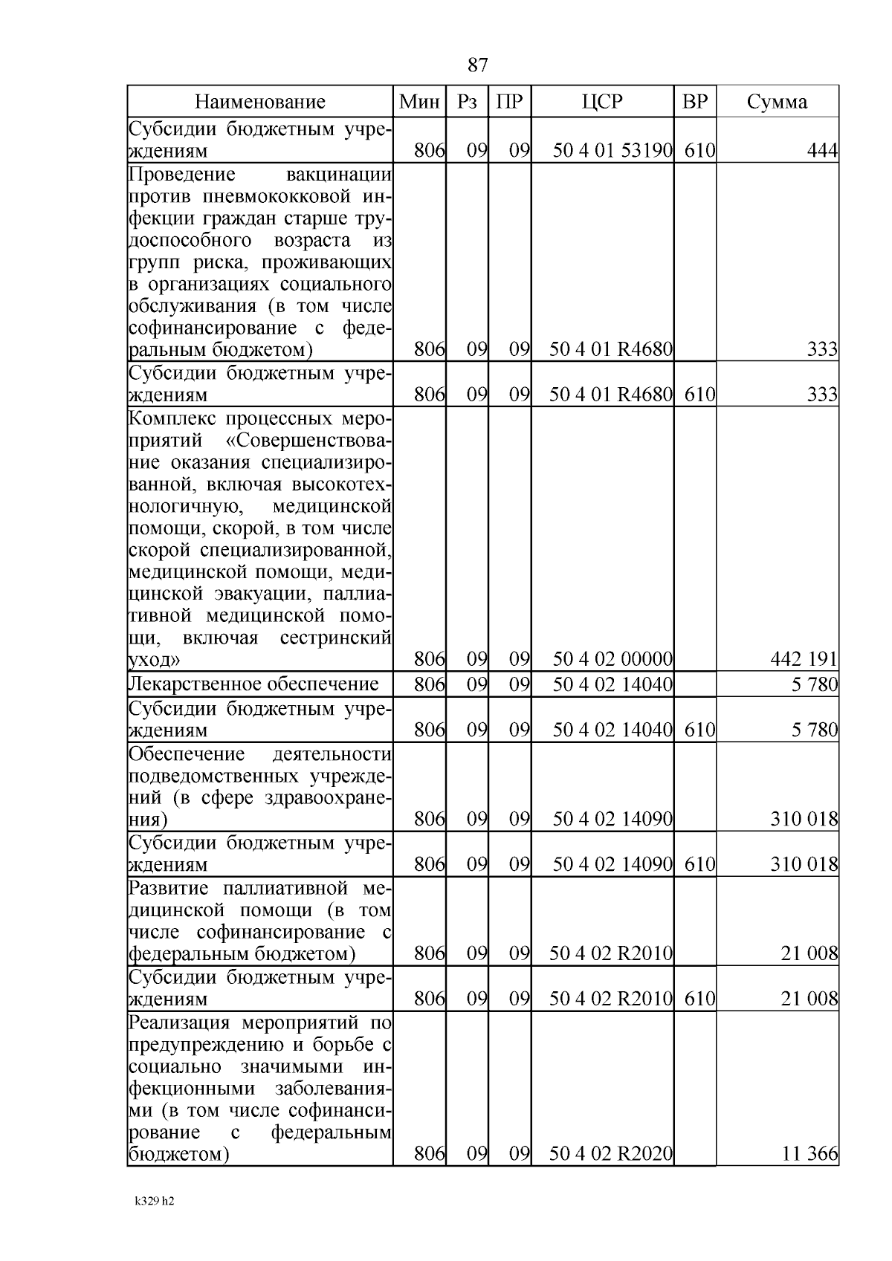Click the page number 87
tap(478, 65)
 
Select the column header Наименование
tap(260, 102)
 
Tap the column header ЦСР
tap(602, 102)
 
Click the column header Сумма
tap(777, 102)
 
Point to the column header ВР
tap(694, 102)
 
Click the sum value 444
tap(822, 151)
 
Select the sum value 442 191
tap(806, 659)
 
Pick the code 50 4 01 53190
tap(613, 151)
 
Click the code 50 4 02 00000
tap(613, 659)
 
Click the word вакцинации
tap(339, 175)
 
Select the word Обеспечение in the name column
tap(187, 754)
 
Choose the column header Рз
tap(467, 102)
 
